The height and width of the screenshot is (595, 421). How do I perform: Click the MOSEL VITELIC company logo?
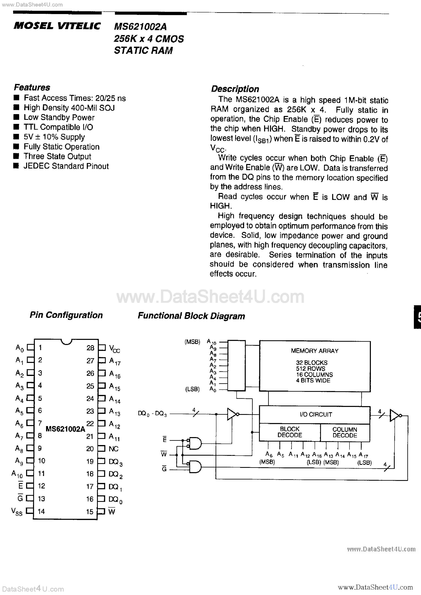(x=57, y=26)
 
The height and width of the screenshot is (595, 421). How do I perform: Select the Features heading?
(x=32, y=87)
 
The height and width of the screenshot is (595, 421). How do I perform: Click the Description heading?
(x=235, y=89)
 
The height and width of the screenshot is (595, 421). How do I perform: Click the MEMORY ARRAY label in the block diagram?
(x=314, y=351)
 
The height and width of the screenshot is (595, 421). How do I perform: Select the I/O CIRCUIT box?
(x=315, y=414)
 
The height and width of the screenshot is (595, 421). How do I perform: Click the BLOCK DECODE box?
(x=290, y=432)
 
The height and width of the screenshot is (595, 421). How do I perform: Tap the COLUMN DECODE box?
(x=345, y=432)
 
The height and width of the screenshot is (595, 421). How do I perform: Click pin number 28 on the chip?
(x=90, y=348)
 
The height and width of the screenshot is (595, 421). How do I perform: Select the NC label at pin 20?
(x=114, y=449)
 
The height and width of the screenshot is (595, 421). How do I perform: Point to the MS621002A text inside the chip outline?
(x=65, y=429)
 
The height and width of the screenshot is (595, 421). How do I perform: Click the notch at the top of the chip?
(x=67, y=342)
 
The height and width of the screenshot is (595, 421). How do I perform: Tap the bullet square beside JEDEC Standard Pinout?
(x=16, y=166)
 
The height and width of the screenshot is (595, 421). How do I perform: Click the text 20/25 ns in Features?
(x=110, y=98)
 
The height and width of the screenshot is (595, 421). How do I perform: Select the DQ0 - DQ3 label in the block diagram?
(x=152, y=414)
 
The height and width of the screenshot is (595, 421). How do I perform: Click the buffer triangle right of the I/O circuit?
(x=395, y=415)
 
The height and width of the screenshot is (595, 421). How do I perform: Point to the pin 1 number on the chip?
(x=40, y=347)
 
